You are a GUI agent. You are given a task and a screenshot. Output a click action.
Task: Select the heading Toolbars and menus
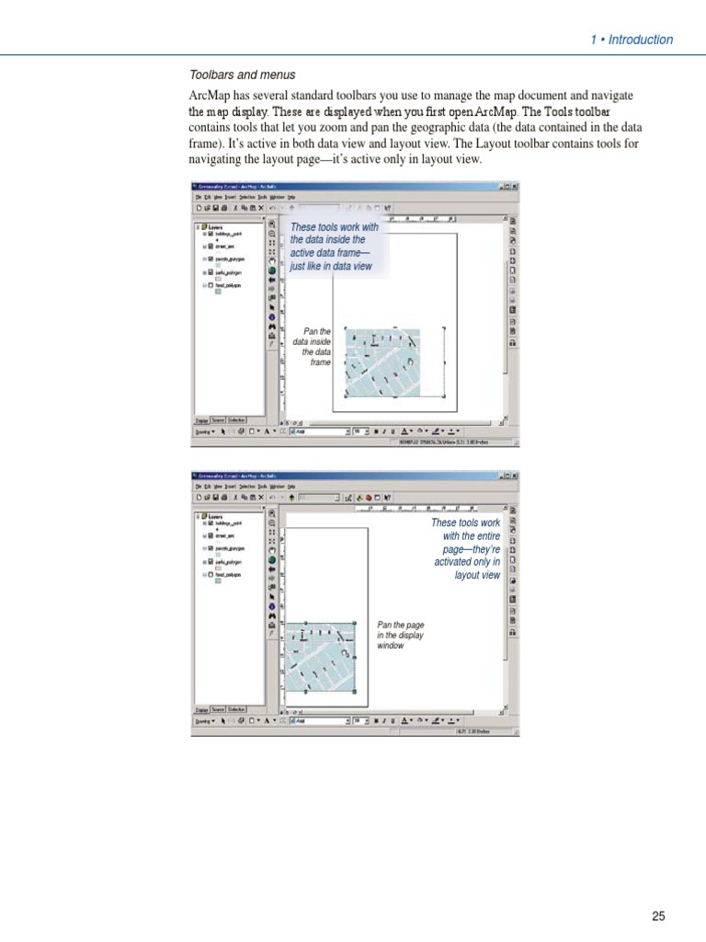coord(243,75)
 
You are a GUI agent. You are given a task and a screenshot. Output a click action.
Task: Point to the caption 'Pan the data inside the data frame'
coord(313,347)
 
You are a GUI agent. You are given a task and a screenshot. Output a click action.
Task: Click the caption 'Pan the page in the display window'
coord(401,635)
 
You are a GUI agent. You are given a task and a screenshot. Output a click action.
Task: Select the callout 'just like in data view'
coord(332,266)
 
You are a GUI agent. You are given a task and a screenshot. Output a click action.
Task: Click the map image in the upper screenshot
coord(381,362)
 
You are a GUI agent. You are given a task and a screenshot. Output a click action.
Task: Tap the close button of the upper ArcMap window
coord(516,185)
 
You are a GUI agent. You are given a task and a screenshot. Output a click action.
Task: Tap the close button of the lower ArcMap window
coord(516,476)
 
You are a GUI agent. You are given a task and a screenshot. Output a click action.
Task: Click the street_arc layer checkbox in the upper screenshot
coord(211,246)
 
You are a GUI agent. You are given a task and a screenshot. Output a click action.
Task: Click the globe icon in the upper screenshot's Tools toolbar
coord(272,271)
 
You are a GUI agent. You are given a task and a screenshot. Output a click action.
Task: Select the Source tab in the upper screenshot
coord(219,419)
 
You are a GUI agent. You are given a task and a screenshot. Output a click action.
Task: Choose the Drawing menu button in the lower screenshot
coord(204,720)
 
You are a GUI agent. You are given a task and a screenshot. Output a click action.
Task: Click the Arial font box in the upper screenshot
coord(317,430)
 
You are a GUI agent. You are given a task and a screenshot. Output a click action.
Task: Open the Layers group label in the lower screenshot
coord(215,517)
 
